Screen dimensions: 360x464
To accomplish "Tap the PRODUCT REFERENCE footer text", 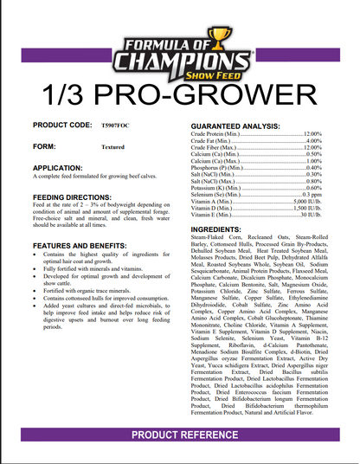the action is [x=180, y=433].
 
